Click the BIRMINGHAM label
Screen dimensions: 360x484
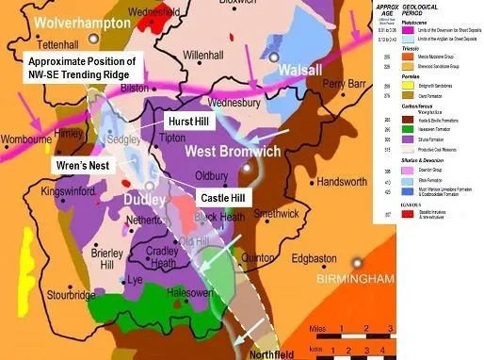[x=380, y=279]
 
